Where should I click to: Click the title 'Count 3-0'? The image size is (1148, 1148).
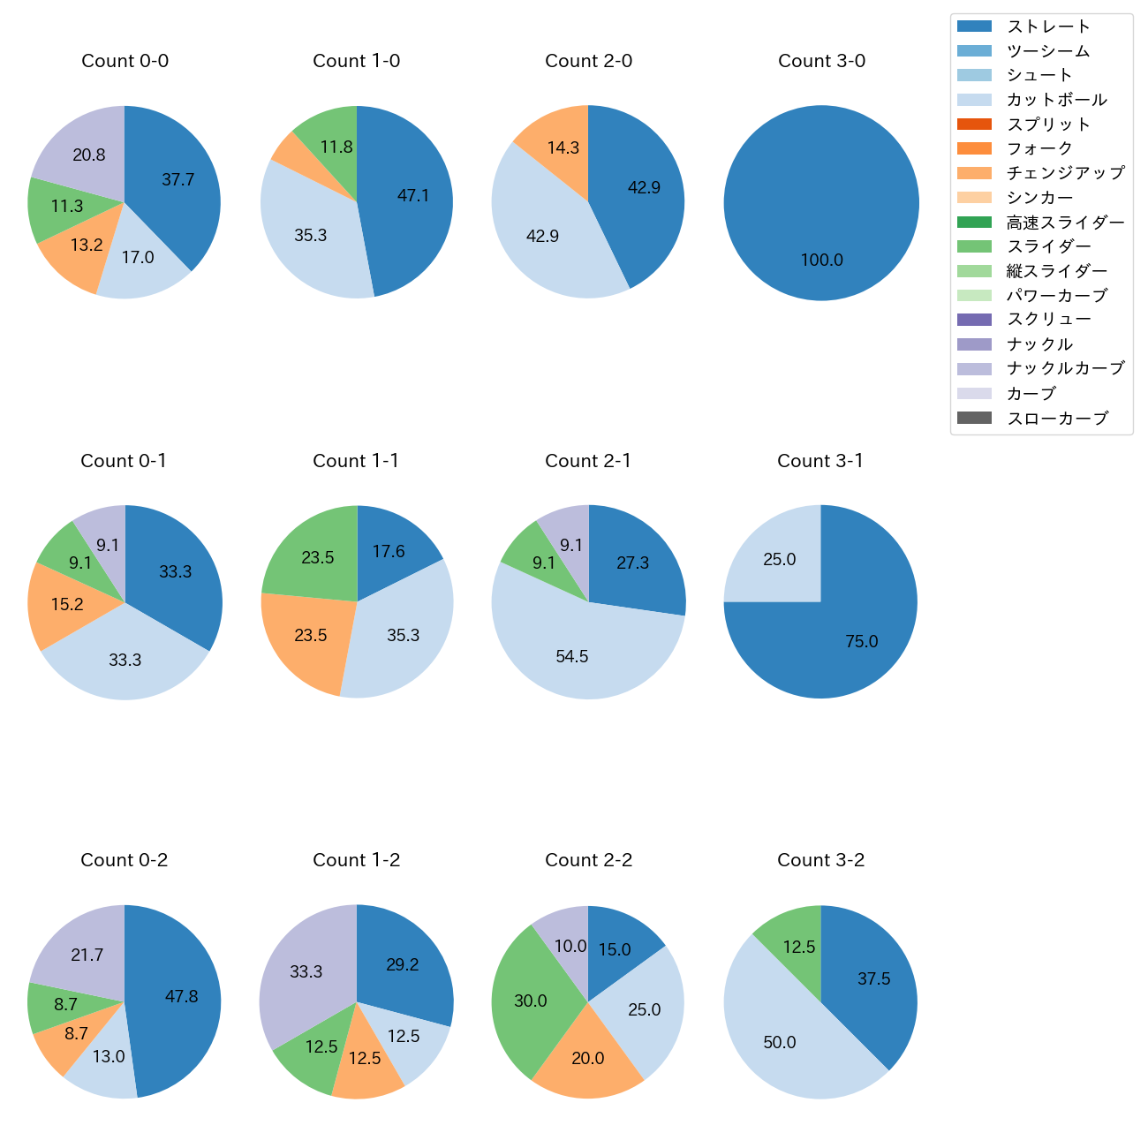pyautogui.click(x=821, y=61)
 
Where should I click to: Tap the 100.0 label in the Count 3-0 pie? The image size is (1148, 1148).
pyautogui.click(x=821, y=260)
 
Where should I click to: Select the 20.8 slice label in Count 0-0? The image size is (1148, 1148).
pyautogui.click(x=88, y=155)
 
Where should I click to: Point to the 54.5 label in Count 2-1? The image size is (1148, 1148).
pyautogui.click(x=571, y=656)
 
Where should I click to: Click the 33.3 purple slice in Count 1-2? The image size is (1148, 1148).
pyautogui.click(x=306, y=971)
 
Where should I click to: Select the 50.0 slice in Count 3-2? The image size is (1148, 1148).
pyautogui.click(x=779, y=1042)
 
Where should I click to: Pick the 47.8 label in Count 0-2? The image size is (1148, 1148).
pyautogui.click(x=181, y=996)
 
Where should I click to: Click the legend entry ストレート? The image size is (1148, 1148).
pyautogui.click(x=1048, y=26)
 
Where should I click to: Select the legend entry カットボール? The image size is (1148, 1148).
pyautogui.click(x=1056, y=100)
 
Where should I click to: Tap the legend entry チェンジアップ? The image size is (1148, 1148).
pyautogui.click(x=1065, y=173)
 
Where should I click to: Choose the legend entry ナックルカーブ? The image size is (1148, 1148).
pyautogui.click(x=1065, y=368)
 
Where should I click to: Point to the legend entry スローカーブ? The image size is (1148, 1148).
pyautogui.click(x=1057, y=418)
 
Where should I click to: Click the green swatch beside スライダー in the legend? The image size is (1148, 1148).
pyautogui.click(x=974, y=246)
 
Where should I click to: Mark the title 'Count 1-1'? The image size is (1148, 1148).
pyautogui.click(x=356, y=461)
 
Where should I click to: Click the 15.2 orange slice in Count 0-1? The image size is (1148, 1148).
pyautogui.click(x=67, y=604)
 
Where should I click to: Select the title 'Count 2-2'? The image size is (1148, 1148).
pyautogui.click(x=588, y=860)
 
